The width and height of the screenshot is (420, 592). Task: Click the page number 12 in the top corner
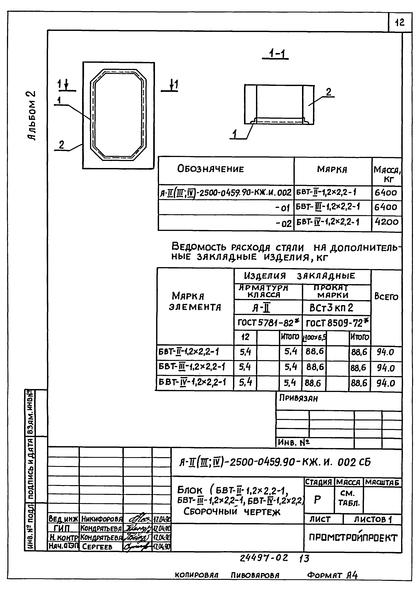click(x=400, y=23)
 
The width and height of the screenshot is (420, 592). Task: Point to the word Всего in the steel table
click(x=386, y=297)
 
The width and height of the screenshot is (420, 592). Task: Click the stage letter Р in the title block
click(x=317, y=500)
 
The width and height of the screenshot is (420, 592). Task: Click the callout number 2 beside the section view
click(x=328, y=92)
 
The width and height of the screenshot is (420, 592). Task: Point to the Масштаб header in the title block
click(x=382, y=482)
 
